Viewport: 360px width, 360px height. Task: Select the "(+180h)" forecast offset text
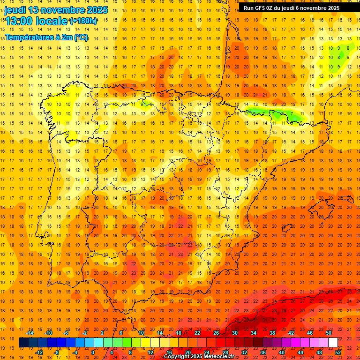83,21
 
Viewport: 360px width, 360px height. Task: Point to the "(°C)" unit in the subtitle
81,37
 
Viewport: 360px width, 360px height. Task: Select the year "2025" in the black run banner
334,8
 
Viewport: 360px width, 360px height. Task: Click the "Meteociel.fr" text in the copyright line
217,357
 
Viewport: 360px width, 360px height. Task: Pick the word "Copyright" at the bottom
179,357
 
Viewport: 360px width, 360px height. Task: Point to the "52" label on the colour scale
338,352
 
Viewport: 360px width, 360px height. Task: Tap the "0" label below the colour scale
93,352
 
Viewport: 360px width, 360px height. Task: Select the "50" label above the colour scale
329,333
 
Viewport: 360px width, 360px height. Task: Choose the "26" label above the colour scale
216,333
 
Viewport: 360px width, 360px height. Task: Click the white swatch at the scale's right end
333,343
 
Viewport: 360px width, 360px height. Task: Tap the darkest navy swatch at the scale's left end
23,343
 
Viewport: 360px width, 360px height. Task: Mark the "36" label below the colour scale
263,352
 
